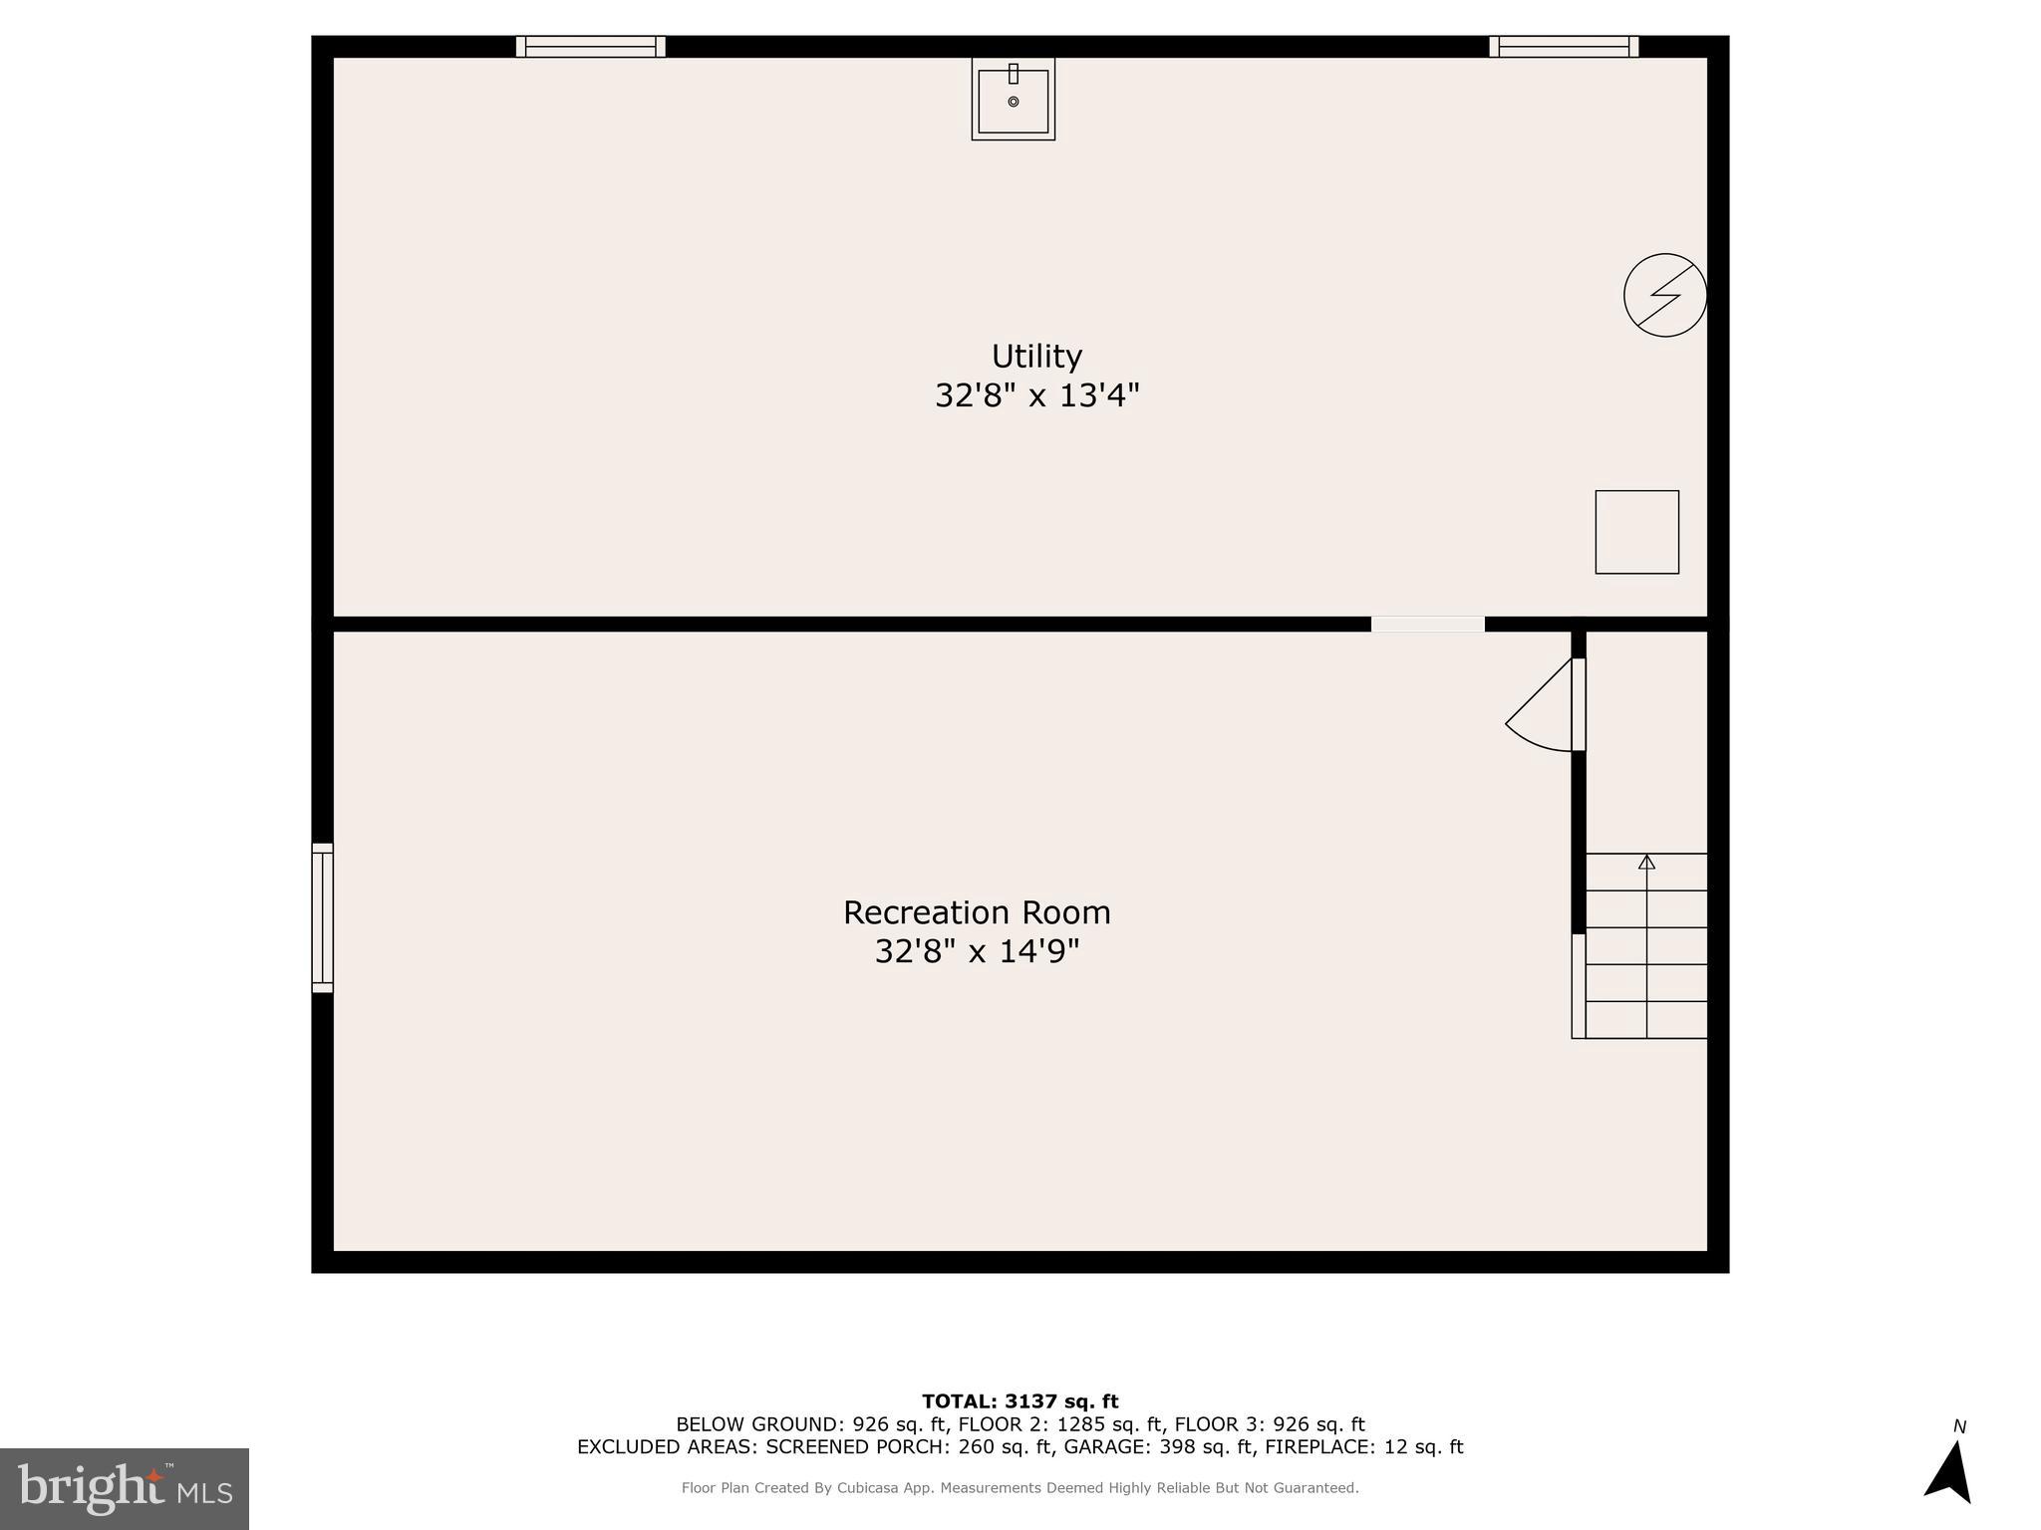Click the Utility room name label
pos(1036,357)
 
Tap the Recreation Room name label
pos(977,912)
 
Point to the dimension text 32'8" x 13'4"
pos(1036,396)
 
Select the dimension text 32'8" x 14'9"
pos(977,952)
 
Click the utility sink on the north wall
pos(1013,100)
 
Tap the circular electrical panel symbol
pos(1664,295)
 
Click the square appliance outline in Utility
pos(1636,532)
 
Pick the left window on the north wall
pos(590,47)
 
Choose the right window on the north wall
pos(1564,47)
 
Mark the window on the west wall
pos(322,917)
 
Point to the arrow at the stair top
pos(1646,863)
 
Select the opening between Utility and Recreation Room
pos(1427,625)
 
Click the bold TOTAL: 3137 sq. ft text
pos(1020,1402)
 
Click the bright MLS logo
pos(124,1488)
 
